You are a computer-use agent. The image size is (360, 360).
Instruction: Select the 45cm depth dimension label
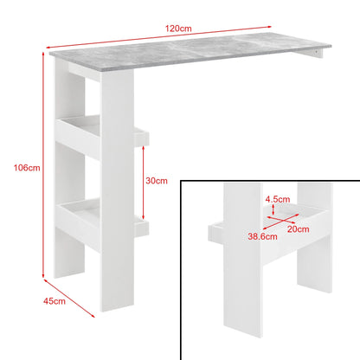55,300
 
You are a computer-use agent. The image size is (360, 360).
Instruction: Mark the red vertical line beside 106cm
42,164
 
